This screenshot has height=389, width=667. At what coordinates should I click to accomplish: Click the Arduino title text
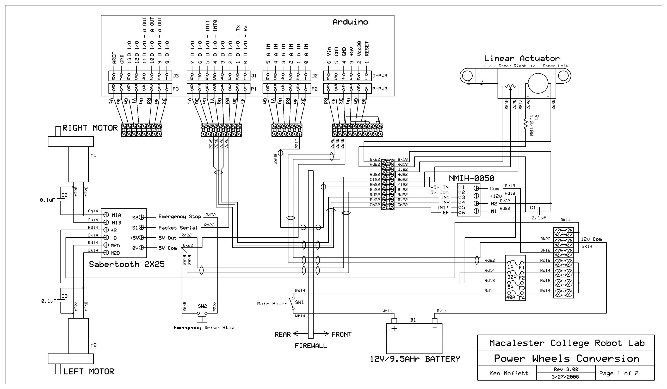coord(350,22)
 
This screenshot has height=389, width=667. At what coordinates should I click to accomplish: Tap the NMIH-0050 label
coord(471,179)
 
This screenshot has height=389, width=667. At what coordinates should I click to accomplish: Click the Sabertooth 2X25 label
coord(127,264)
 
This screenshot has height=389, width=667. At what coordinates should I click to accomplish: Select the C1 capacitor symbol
coord(538,212)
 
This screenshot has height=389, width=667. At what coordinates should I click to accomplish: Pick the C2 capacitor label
coord(64,195)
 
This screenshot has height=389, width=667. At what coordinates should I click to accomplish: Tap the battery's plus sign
coord(394,329)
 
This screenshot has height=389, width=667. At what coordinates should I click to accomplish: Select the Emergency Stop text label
coord(180,217)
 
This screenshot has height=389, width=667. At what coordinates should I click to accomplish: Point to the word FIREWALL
coord(311,345)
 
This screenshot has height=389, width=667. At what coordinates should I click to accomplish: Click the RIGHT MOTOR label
coord(90,128)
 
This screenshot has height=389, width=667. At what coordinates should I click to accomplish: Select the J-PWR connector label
coord(380,76)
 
